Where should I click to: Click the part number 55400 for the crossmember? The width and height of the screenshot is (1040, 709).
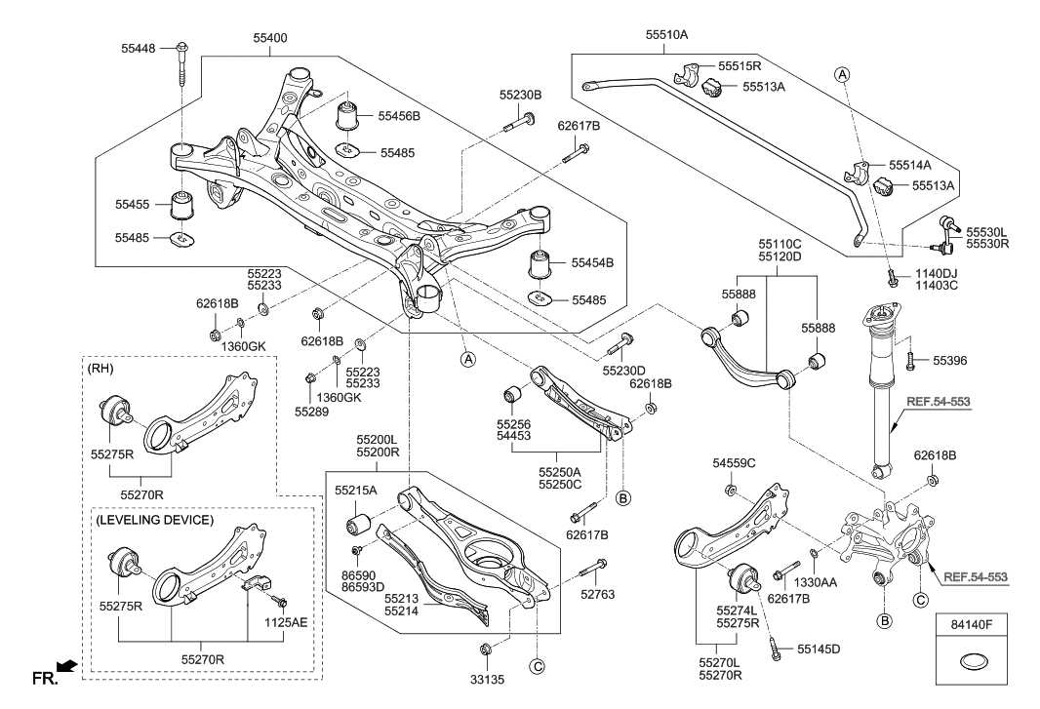pos(269,38)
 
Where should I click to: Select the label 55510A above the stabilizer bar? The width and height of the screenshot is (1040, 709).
pos(666,34)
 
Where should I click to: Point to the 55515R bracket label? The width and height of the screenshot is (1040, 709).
pos(740,66)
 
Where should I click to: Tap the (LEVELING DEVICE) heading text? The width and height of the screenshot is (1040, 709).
pos(155,520)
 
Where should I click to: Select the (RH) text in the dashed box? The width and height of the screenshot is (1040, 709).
pos(100,369)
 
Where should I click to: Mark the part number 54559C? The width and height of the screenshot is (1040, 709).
pos(734,463)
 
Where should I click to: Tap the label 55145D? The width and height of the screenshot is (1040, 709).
pos(819,648)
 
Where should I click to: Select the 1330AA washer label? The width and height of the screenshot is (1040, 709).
pos(815,582)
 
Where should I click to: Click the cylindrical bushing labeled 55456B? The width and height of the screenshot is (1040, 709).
pos(349,116)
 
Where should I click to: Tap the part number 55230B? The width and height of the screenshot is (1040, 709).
pos(521,96)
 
